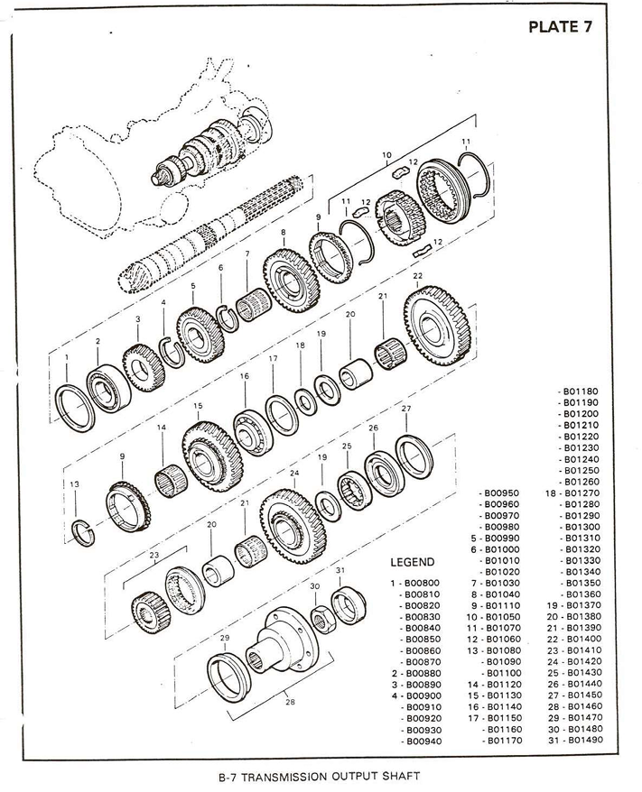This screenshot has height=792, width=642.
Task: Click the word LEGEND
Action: [412, 562]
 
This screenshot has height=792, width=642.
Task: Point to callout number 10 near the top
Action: [386, 154]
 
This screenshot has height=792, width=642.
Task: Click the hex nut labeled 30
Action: [318, 616]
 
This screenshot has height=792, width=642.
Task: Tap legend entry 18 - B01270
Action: [573, 493]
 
